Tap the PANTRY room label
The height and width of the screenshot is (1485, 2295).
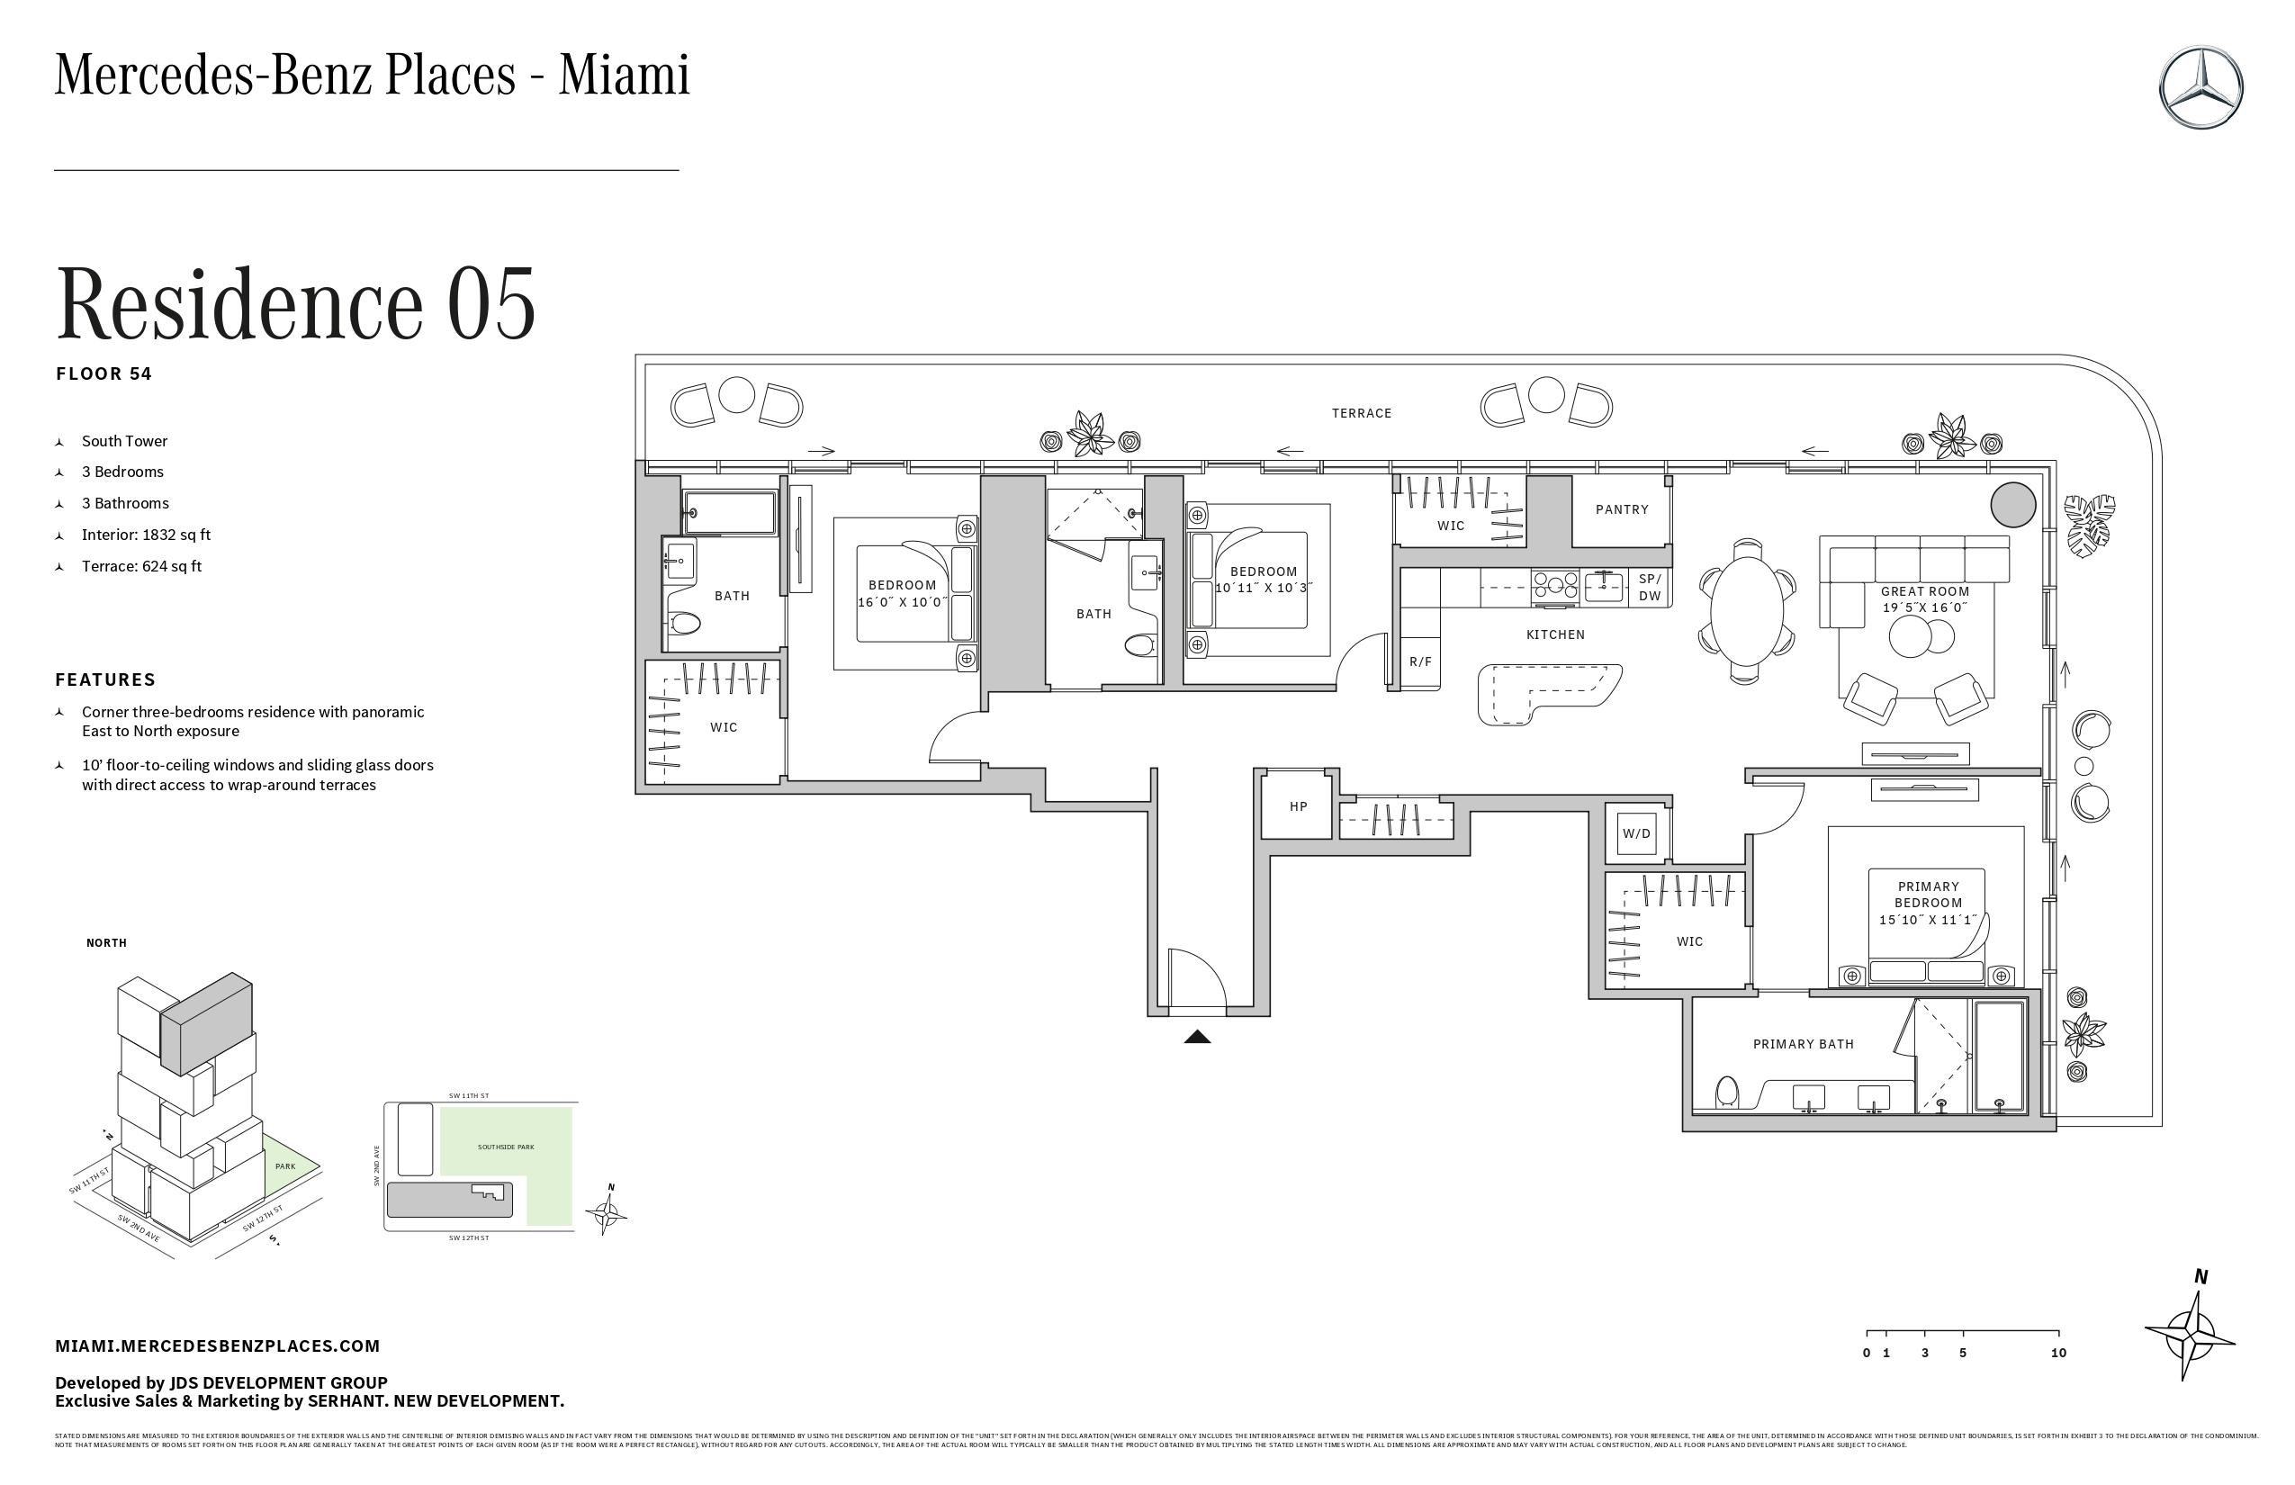[x=1622, y=509]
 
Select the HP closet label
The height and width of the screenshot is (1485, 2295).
[x=1298, y=806]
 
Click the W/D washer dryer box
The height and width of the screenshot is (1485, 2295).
[x=1636, y=834]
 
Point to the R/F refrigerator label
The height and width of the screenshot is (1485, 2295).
[x=1420, y=661]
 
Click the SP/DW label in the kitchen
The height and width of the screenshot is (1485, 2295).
[x=1650, y=587]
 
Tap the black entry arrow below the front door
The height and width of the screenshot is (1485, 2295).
[x=1197, y=1038]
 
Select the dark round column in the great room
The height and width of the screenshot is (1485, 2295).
[x=2013, y=504]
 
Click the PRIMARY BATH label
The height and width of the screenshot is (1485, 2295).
[x=1804, y=1044]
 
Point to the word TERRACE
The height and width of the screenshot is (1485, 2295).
[x=1362, y=413]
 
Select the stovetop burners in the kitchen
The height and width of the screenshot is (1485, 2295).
[x=1555, y=586]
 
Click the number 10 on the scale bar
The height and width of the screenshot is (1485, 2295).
[x=2057, y=1353]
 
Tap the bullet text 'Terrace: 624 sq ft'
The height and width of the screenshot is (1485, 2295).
[x=142, y=566]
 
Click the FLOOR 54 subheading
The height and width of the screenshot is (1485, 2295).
[x=104, y=374]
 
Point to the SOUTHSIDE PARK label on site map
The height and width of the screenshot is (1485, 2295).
[x=505, y=1147]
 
